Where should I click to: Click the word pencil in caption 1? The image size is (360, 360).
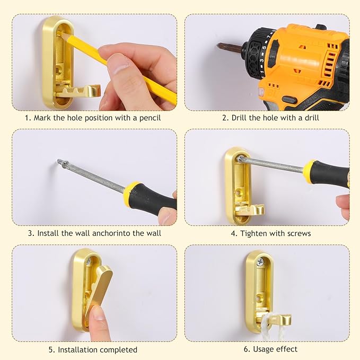150,118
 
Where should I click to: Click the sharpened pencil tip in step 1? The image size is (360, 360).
58,32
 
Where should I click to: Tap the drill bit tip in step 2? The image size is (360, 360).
218,45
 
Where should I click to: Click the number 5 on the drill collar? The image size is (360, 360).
264,48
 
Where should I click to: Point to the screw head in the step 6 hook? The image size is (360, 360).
260,261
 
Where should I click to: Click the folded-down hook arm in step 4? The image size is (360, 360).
251,210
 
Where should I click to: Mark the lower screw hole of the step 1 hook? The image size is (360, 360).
59,68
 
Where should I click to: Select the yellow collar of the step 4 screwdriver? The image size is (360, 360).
308,168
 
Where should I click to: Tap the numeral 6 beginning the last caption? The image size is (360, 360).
246,349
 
